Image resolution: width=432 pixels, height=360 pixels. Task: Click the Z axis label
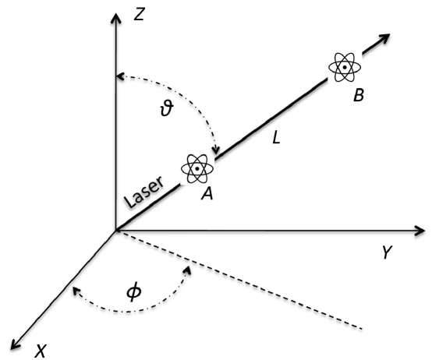coord(140,13)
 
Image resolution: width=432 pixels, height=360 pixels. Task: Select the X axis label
coord(41,351)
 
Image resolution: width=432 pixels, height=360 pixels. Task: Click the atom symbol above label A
coord(197,167)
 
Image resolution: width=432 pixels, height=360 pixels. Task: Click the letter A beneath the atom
coord(207,195)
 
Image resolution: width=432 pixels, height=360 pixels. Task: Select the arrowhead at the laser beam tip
coord(384,37)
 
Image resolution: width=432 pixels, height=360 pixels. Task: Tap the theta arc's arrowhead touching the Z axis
coord(119,76)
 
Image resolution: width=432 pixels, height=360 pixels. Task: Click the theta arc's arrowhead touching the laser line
coord(218,151)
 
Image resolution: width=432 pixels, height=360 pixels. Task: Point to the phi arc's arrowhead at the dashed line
coord(189,267)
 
